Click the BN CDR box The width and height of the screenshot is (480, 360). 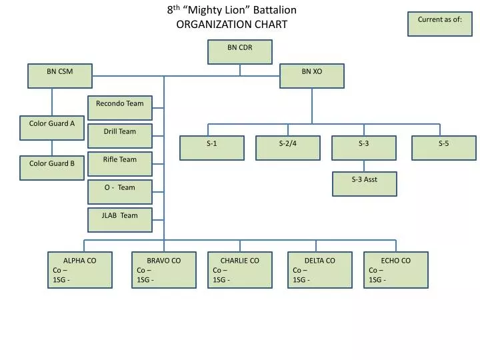tap(239, 52)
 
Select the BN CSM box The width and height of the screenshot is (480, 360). tap(59, 76)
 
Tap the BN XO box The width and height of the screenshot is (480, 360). tap(311, 76)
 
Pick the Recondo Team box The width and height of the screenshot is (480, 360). tap(120, 108)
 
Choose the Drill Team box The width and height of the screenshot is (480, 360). tap(120, 136)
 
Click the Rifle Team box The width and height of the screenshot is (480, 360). tap(120, 164)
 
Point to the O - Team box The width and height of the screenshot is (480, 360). tap(120, 192)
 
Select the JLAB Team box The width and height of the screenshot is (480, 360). tap(120, 220)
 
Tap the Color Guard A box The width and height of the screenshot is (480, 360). tap(52, 128)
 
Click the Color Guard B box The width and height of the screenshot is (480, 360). tap(52, 168)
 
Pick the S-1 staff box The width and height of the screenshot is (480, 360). tap(212, 148)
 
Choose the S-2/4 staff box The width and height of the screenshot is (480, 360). tap(288, 148)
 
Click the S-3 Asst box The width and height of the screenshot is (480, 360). tap(365, 184)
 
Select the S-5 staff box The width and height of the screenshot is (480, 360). tap(444, 148)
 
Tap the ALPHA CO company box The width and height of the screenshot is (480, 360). tap(80, 269)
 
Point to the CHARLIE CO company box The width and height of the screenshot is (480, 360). tap(240, 269)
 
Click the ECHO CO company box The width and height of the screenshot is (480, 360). tap(396, 269)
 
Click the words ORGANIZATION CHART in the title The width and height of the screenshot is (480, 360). tap(231, 25)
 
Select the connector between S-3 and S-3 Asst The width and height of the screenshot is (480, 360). tap(365, 166)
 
